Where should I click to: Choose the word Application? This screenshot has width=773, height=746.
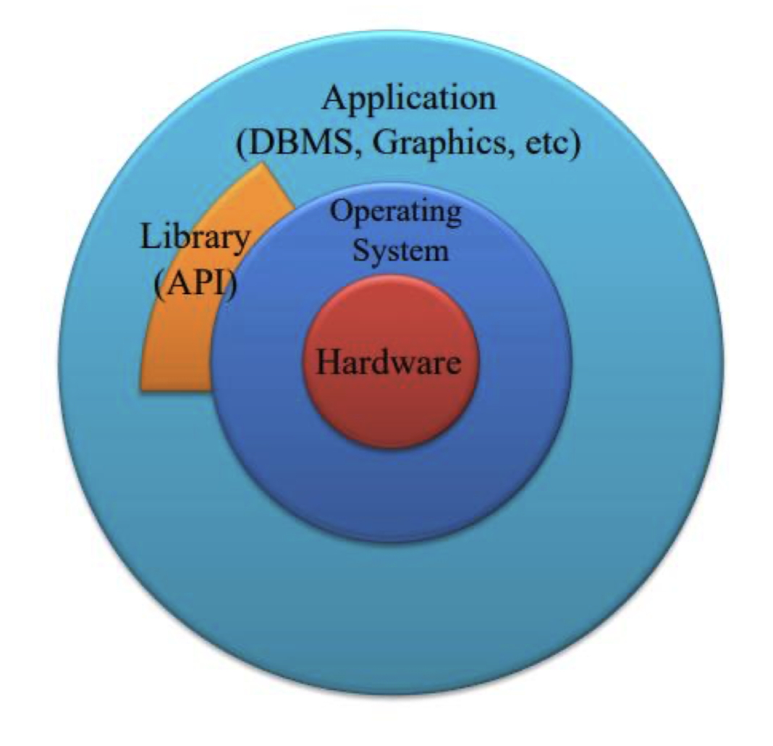[410, 99]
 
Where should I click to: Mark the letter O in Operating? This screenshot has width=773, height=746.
[341, 213]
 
